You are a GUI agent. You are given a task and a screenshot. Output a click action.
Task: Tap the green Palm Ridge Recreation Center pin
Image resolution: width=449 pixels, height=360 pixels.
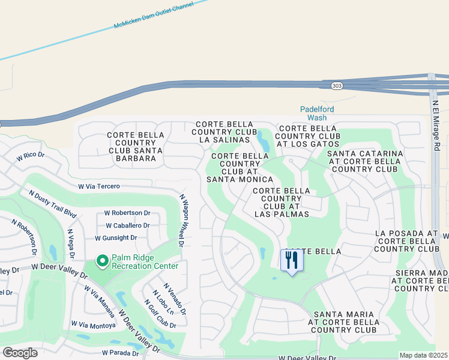(x=102, y=261)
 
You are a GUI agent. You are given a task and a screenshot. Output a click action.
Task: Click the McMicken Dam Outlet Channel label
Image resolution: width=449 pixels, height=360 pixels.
(x=154, y=16)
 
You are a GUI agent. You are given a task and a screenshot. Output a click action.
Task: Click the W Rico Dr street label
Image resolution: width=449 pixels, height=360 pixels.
(x=31, y=156)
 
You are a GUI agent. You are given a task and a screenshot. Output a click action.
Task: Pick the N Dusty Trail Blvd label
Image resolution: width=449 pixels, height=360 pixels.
(x=53, y=203)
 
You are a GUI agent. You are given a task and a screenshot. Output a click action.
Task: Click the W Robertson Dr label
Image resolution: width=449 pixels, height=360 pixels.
(x=127, y=212)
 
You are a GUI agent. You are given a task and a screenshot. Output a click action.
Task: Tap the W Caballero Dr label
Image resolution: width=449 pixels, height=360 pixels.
(x=127, y=226)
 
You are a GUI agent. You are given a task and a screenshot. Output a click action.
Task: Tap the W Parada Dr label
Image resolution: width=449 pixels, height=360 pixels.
(x=120, y=353)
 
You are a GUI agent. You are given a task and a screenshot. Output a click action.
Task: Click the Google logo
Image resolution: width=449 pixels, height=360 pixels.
(x=20, y=352)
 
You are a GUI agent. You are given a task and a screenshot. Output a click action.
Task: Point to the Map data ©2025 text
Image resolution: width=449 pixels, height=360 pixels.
(x=423, y=355)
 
